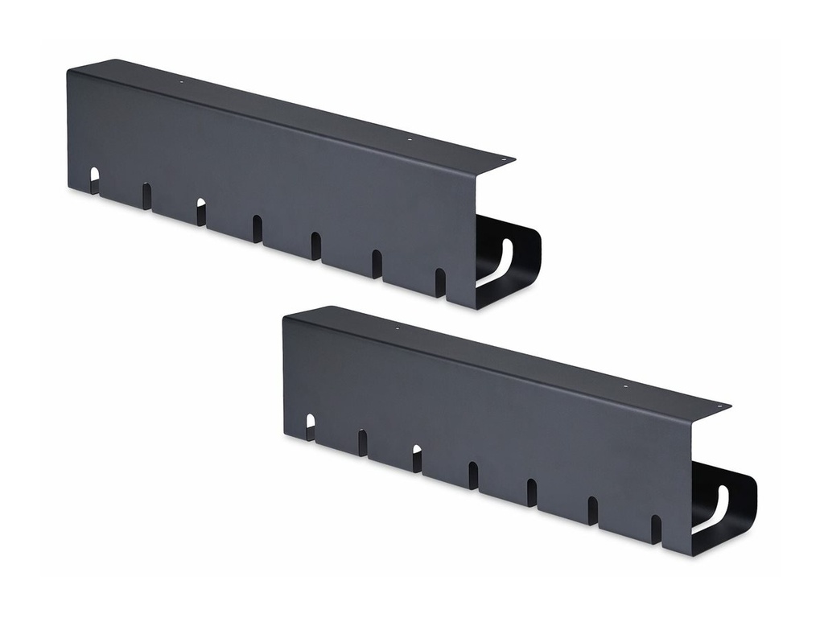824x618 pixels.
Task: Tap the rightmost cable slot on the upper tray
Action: click(x=440, y=281)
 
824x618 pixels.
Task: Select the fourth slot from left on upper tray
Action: click(x=257, y=228)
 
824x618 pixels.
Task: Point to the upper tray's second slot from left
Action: click(x=146, y=196)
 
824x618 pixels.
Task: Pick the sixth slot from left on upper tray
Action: click(x=377, y=263)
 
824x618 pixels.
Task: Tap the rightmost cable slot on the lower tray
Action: click(x=656, y=528)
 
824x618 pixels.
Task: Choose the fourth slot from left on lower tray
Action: click(x=473, y=475)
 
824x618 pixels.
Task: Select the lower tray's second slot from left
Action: click(x=363, y=442)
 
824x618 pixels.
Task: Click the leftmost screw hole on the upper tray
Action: click(x=182, y=81)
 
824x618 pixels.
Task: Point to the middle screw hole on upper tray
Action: click(x=409, y=139)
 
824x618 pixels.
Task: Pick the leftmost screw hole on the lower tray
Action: click(x=398, y=328)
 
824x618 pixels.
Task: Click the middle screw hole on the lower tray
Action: click(x=625, y=386)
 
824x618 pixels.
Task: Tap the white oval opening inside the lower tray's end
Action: click(x=714, y=508)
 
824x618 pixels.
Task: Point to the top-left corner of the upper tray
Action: click(x=69, y=71)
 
